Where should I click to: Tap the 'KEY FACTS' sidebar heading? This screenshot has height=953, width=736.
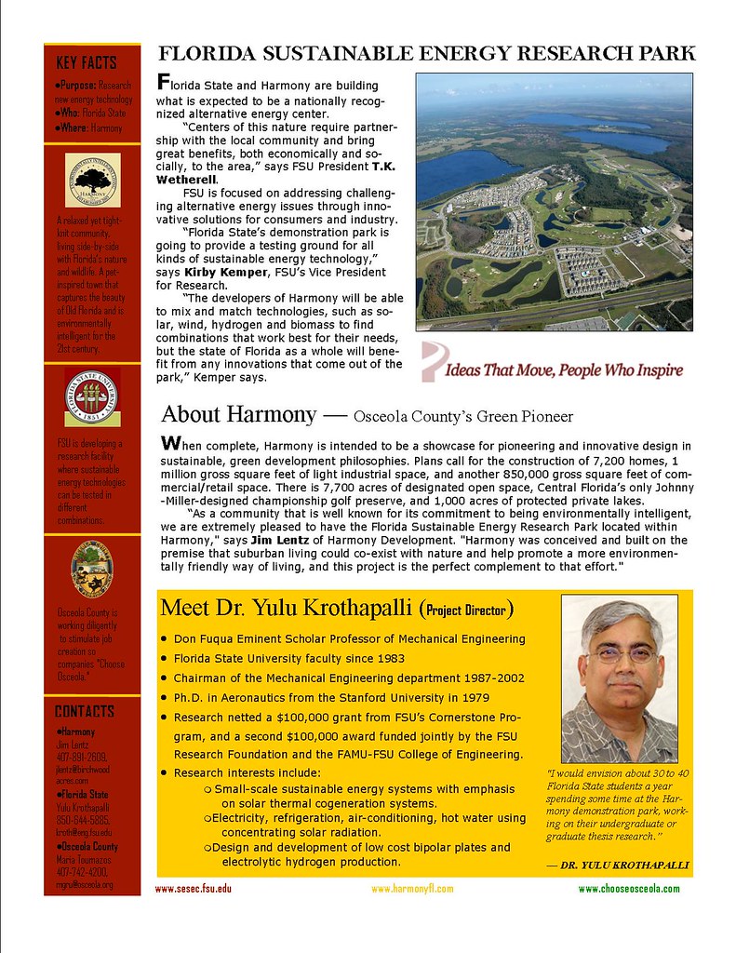pyautogui.click(x=87, y=63)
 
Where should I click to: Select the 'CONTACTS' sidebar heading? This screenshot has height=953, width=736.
pyautogui.click(x=85, y=712)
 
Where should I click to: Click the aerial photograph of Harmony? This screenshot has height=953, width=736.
pyautogui.click(x=554, y=201)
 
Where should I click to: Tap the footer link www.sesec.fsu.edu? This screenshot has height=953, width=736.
pyautogui.click(x=193, y=889)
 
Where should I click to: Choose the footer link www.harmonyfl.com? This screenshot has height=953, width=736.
pyautogui.click(x=411, y=889)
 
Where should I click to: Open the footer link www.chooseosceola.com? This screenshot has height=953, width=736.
pyautogui.click(x=629, y=889)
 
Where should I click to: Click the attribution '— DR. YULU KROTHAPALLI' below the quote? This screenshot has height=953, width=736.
pyautogui.click(x=619, y=866)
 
